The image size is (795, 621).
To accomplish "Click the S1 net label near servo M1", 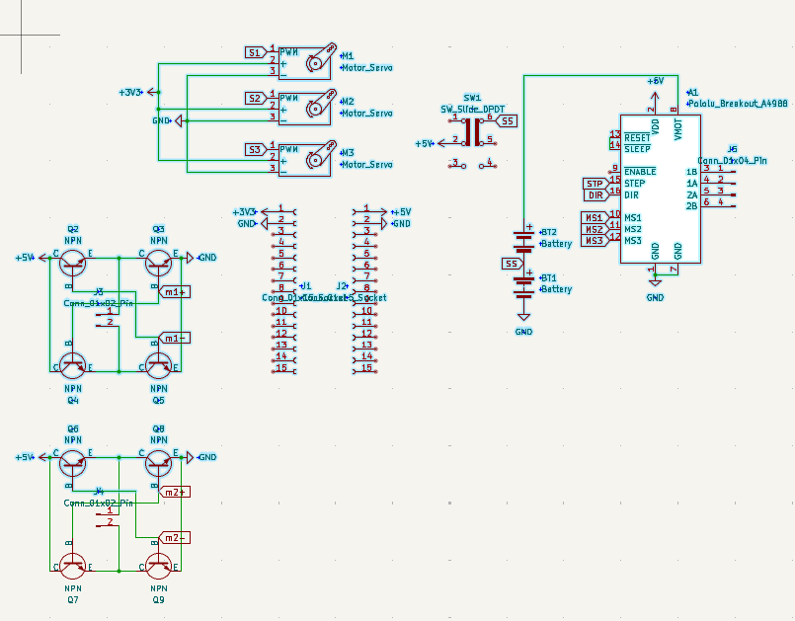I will (x=255, y=52).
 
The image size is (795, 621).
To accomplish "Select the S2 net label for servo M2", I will (x=255, y=99).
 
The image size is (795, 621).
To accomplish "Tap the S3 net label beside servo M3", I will (x=255, y=150).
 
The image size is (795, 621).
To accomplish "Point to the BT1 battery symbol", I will (x=523, y=284).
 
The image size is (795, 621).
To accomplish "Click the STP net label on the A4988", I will (x=595, y=184).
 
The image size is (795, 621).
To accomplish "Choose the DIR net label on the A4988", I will (x=595, y=195).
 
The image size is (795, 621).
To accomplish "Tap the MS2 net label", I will (x=594, y=229).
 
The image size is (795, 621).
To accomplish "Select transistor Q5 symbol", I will (x=158, y=365).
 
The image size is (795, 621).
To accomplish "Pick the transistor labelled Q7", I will (x=73, y=565).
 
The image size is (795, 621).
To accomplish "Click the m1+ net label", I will (x=175, y=292).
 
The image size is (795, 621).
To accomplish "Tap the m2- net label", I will (x=175, y=538).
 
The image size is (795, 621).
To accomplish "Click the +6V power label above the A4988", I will (x=655, y=81).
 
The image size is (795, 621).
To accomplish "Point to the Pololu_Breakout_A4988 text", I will (x=738, y=103).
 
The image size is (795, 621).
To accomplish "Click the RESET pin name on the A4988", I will (x=638, y=136).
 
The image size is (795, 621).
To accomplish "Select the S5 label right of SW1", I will (x=507, y=120).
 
